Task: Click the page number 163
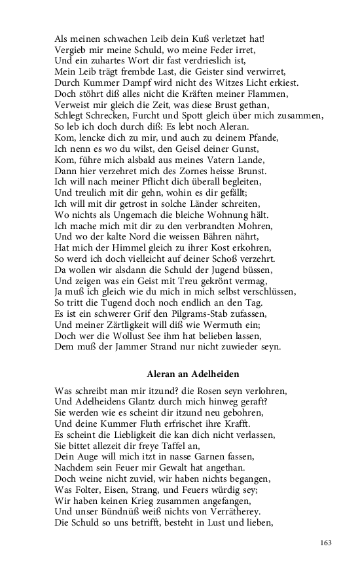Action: (x=327, y=542)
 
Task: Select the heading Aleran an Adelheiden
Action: (x=192, y=374)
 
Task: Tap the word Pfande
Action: (x=243, y=139)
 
